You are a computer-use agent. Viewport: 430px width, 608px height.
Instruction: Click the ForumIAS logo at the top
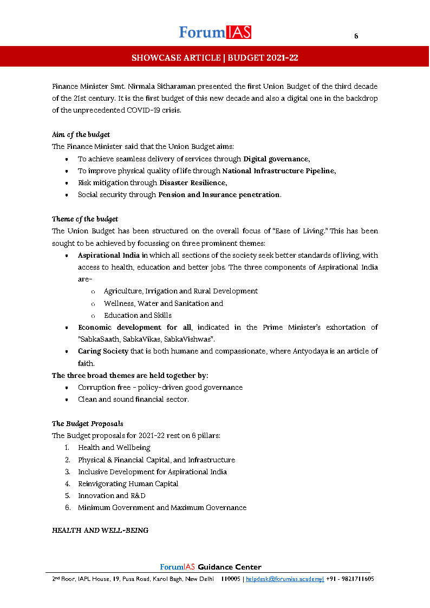(x=215, y=32)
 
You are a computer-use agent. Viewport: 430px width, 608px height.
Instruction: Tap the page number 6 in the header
(x=356, y=36)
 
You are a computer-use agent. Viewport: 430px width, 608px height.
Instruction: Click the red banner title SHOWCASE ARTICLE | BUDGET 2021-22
(x=215, y=57)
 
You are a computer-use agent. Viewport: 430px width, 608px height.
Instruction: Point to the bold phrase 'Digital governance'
(x=276, y=159)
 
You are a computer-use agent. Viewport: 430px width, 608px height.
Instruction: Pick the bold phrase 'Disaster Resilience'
(x=192, y=182)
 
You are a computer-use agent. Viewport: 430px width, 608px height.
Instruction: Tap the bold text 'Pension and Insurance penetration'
(x=219, y=194)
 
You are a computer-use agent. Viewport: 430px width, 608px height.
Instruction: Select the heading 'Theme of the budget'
(x=85, y=219)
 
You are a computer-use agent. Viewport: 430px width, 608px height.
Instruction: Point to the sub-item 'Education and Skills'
(x=138, y=315)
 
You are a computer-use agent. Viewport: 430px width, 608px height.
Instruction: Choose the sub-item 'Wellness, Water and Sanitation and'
(x=164, y=303)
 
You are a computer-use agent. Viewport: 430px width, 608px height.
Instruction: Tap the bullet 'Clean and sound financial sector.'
(x=133, y=400)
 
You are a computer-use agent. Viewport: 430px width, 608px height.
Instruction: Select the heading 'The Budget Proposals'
(x=84, y=423)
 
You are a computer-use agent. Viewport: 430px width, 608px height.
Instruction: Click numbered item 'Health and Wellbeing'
(x=114, y=448)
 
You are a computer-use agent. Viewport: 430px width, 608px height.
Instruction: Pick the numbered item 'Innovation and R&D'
(x=112, y=495)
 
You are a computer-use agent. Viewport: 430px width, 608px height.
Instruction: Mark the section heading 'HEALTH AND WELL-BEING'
(x=100, y=531)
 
